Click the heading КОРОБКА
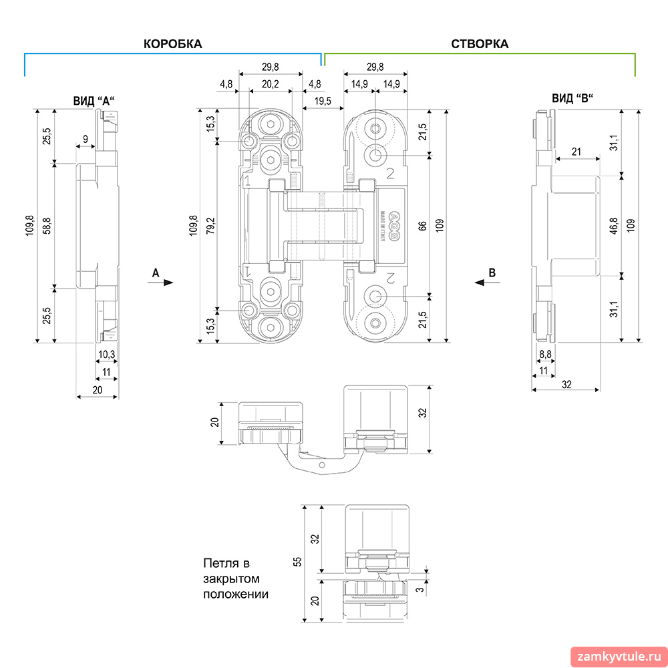tap(172, 44)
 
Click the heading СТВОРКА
tap(479, 44)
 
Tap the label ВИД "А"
tap(94, 101)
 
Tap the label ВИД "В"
tap(572, 98)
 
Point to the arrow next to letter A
tap(162, 283)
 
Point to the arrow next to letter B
tap(487, 283)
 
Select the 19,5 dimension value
tap(323, 101)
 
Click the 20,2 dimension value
tap(270, 84)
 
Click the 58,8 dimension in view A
tap(47, 226)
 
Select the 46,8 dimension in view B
tap(613, 226)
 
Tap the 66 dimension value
tap(423, 226)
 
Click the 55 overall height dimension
tap(298, 562)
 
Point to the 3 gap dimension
tap(420, 590)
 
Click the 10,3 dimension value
tap(106, 355)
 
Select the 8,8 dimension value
tap(545, 355)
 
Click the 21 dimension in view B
tap(576, 152)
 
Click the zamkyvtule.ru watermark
tap(619, 657)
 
